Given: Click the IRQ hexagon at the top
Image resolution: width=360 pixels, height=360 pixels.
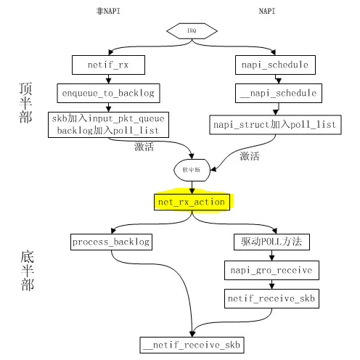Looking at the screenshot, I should tap(191, 31).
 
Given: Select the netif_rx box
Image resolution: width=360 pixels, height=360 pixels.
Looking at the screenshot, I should tap(108, 65).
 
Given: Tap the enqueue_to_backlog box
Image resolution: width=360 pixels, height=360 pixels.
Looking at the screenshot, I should tap(108, 93).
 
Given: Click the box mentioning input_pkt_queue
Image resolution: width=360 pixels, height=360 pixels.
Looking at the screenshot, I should tap(108, 124).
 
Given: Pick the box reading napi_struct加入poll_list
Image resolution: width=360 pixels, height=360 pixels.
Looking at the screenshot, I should tap(274, 124).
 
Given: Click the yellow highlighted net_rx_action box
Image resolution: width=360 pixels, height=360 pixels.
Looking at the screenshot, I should tap(191, 201).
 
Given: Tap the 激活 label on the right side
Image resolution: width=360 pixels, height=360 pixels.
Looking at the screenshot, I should tap(249, 155).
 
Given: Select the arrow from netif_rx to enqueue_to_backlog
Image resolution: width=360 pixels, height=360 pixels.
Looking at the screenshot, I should tap(108, 79).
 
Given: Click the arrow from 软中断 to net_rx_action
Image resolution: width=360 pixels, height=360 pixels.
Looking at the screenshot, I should tap(191, 185).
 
